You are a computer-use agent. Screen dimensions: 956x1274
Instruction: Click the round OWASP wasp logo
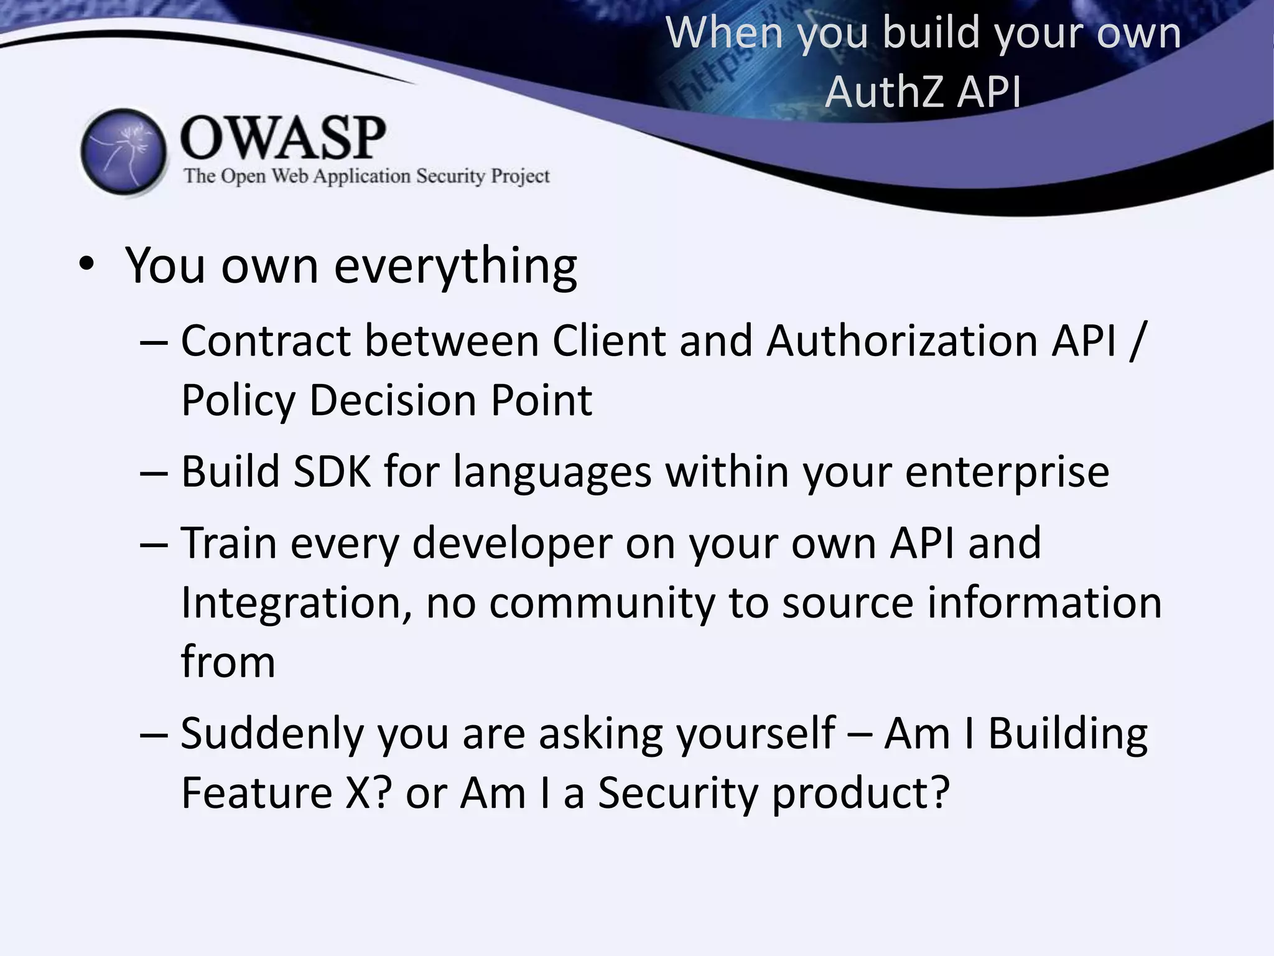(x=124, y=151)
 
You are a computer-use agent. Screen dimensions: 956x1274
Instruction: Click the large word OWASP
(x=283, y=138)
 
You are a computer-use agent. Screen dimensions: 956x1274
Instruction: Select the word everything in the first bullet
(x=455, y=266)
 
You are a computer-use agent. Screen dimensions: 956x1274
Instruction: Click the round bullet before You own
(x=86, y=265)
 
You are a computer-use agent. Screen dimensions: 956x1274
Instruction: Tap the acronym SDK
(x=332, y=471)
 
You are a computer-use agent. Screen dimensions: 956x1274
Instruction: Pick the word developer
(x=512, y=544)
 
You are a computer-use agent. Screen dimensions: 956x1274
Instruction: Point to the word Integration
(x=296, y=603)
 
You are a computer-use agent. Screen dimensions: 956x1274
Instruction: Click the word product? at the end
(x=861, y=794)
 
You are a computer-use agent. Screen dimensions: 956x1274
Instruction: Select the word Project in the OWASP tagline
(x=520, y=176)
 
